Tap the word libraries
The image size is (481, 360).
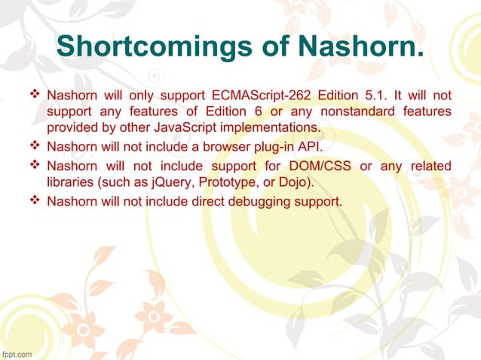point(69,181)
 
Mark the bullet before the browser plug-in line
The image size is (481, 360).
point(33,146)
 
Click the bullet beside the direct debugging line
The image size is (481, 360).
point(33,201)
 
